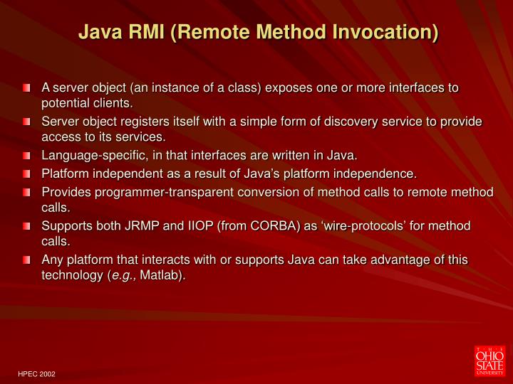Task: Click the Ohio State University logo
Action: pyautogui.click(x=489, y=359)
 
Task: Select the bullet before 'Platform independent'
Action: pyautogui.click(x=26, y=174)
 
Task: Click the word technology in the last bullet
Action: pyautogui.click(x=72, y=276)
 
